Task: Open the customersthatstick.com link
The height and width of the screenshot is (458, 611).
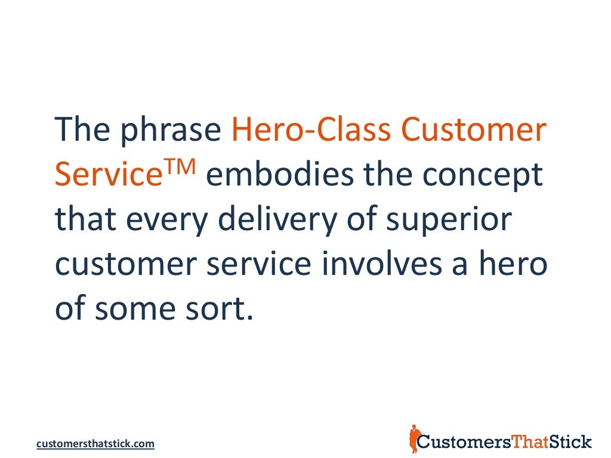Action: pos(95,444)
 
